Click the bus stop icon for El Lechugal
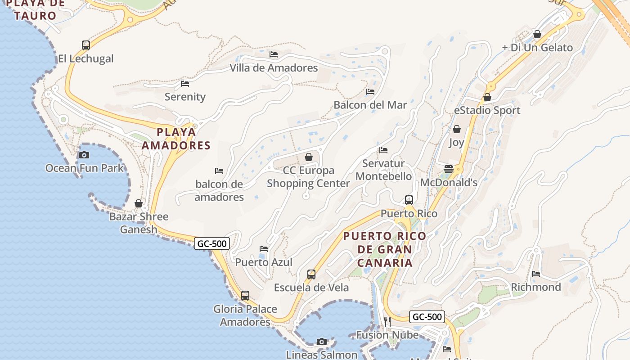point(86,45)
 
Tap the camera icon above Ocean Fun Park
point(84,155)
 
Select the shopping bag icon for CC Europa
point(309,157)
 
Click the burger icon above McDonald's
point(449,169)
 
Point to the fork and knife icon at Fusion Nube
point(387,321)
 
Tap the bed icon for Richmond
point(536,274)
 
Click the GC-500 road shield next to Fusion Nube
point(427,317)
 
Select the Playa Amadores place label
point(176,139)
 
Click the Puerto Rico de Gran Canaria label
point(385,249)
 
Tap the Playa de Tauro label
point(35,10)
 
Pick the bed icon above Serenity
point(185,83)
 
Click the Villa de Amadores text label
point(274,68)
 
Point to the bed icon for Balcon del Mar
point(370,91)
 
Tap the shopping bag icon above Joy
point(457,129)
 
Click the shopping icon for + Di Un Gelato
point(537,34)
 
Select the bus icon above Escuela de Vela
point(311,274)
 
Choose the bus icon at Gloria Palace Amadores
point(245,296)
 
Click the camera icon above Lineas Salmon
point(322,342)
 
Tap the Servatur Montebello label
point(383,170)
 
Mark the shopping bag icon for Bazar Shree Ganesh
point(139,203)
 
